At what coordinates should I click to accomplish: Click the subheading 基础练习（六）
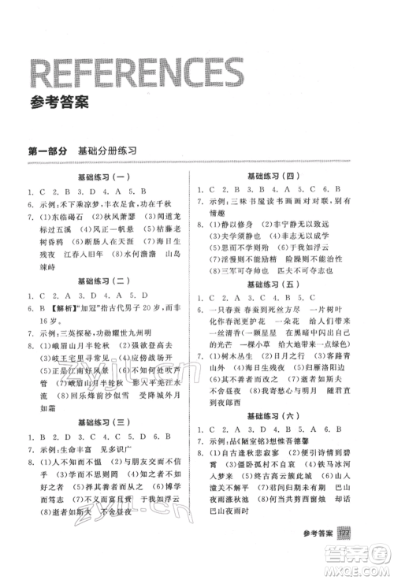click(281, 415)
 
